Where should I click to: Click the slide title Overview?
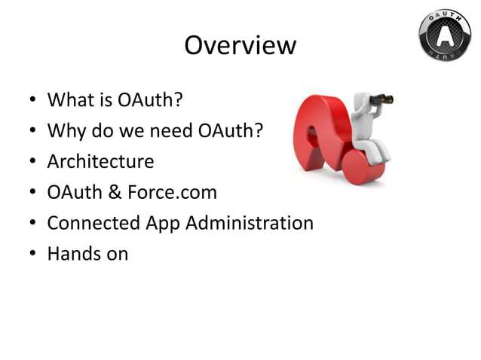tap(240, 46)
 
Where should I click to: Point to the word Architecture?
tap(100, 162)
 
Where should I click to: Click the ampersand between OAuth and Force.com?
tap(113, 193)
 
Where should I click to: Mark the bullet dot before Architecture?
tap(30, 163)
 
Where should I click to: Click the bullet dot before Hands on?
tap(30, 255)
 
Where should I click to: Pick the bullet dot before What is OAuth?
tap(30, 101)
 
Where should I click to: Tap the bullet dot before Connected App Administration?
tap(30, 224)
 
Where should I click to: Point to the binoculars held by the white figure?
tap(381, 99)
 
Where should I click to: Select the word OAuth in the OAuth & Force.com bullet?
tap(74, 193)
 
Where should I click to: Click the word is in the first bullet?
tap(106, 100)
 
